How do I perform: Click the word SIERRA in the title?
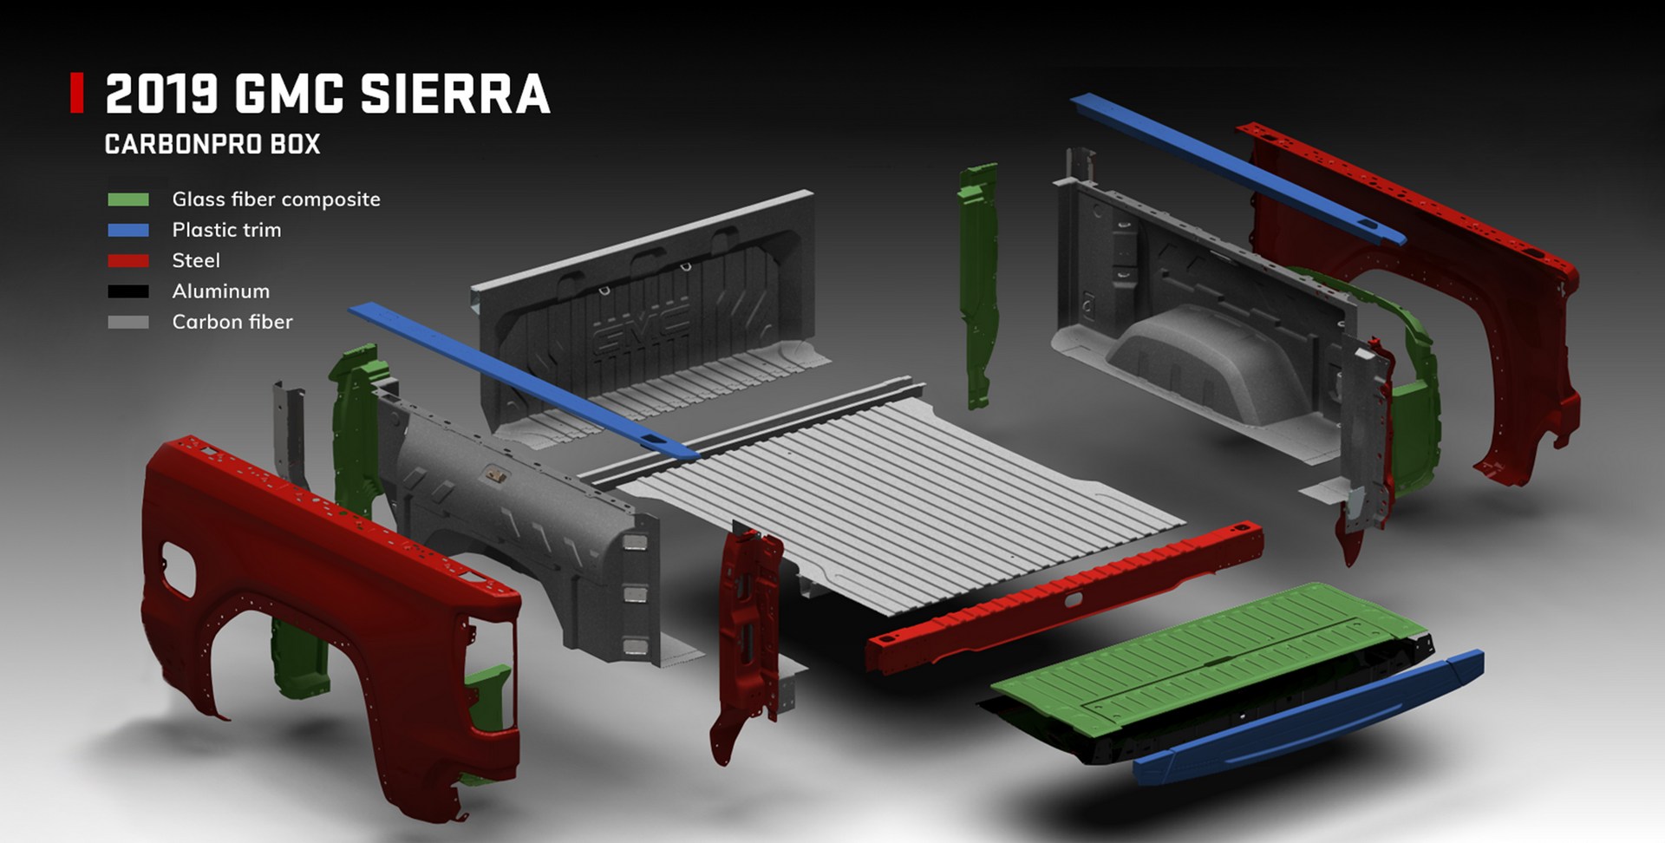point(454,94)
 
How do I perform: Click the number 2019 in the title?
point(161,94)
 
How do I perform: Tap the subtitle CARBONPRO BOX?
point(212,144)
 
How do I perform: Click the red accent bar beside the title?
point(77,93)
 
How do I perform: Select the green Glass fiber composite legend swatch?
point(128,199)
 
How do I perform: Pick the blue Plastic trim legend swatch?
point(128,230)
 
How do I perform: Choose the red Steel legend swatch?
point(128,260)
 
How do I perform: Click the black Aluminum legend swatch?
point(128,291)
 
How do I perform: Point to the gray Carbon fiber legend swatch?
point(128,322)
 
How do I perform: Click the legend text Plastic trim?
point(226,230)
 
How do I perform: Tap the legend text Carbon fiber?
point(232,322)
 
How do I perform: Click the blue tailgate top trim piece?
point(1309,720)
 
